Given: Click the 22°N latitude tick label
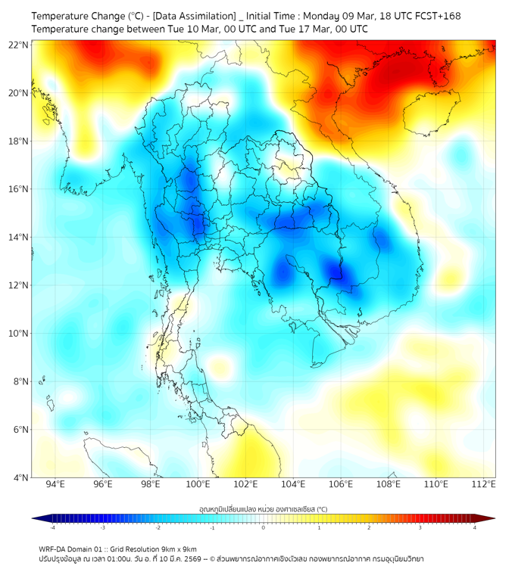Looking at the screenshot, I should [x=19, y=45].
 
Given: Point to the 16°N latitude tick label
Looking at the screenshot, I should [x=19, y=189].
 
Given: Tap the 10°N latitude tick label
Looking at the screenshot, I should [x=19, y=334].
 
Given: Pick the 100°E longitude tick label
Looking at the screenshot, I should [x=198, y=484].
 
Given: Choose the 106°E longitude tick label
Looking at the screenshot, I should [x=341, y=484].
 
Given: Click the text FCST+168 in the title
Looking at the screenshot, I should [x=436, y=15].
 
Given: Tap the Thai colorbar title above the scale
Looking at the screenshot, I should [x=263, y=508].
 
